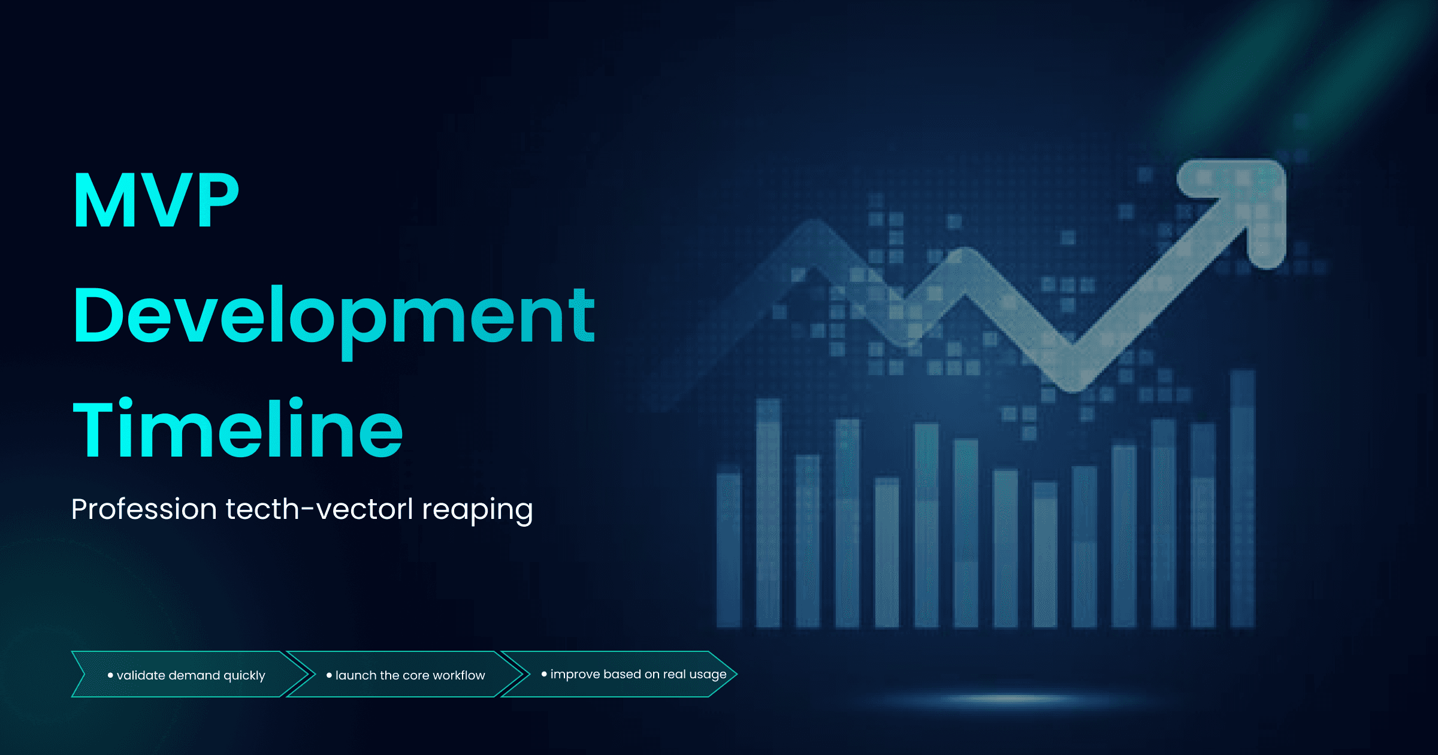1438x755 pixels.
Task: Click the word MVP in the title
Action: click(x=156, y=201)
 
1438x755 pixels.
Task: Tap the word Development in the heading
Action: click(x=333, y=316)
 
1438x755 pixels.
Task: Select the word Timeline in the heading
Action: click(x=237, y=429)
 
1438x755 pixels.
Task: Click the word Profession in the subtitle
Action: click(x=144, y=509)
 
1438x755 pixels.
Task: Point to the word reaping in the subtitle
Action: click(x=477, y=511)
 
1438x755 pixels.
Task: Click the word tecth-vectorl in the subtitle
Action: click(x=319, y=509)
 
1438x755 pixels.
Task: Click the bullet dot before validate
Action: click(x=110, y=675)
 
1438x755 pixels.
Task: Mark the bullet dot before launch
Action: click(x=329, y=675)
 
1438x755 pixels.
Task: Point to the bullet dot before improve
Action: click(x=544, y=674)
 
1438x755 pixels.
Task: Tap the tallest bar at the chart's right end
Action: click(x=1242, y=497)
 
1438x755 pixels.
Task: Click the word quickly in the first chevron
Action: click(x=244, y=676)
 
